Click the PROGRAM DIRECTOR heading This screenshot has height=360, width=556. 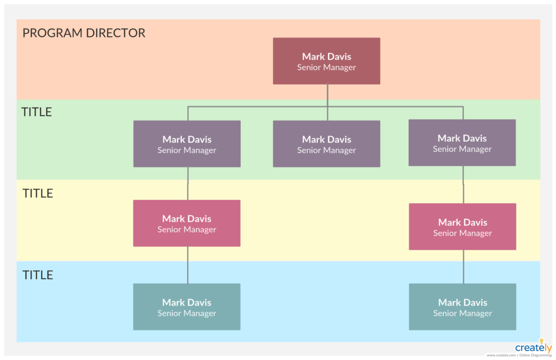[x=84, y=33]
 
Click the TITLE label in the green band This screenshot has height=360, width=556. [x=37, y=112]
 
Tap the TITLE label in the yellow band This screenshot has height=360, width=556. [x=38, y=194]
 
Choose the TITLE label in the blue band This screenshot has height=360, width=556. [x=38, y=275]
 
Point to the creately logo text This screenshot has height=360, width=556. [x=533, y=348]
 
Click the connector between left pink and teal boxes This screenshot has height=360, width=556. [x=188, y=265]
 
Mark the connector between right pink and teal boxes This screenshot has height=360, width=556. [x=463, y=267]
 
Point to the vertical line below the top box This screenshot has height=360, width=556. [x=327, y=95]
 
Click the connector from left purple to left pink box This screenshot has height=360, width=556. [x=188, y=184]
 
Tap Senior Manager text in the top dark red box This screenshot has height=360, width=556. [x=326, y=68]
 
